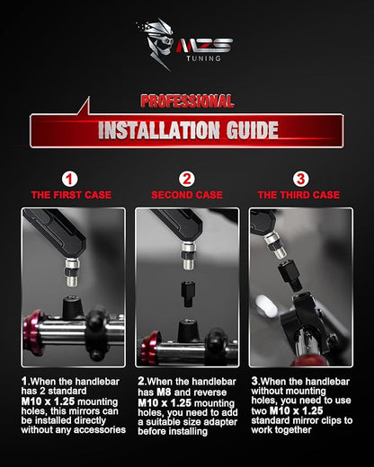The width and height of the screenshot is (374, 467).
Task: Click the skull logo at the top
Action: tap(156, 43)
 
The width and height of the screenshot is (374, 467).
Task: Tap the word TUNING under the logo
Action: tap(204, 58)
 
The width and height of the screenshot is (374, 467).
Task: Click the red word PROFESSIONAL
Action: tap(187, 101)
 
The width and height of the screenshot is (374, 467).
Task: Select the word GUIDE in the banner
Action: tap(253, 130)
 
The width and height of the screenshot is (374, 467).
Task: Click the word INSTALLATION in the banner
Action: tap(159, 130)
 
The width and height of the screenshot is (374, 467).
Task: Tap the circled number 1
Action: tap(69, 179)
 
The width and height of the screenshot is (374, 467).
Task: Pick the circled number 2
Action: tap(187, 179)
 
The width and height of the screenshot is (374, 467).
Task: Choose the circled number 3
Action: tap(300, 179)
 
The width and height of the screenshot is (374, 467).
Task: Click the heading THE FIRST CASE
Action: tap(71, 195)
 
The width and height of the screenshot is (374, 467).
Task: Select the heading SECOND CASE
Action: tap(187, 195)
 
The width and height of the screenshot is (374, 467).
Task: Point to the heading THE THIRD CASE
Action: tap(298, 195)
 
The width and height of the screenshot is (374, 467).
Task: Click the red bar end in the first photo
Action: tap(32, 333)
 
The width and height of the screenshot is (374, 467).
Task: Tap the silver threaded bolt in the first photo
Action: tap(72, 272)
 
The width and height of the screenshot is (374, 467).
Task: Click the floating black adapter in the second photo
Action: tap(188, 294)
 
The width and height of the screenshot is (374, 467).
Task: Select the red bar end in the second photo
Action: tap(149, 348)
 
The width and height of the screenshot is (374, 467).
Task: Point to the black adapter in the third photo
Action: tap(289, 275)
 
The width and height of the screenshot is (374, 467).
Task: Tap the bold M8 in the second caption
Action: tap(164, 392)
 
